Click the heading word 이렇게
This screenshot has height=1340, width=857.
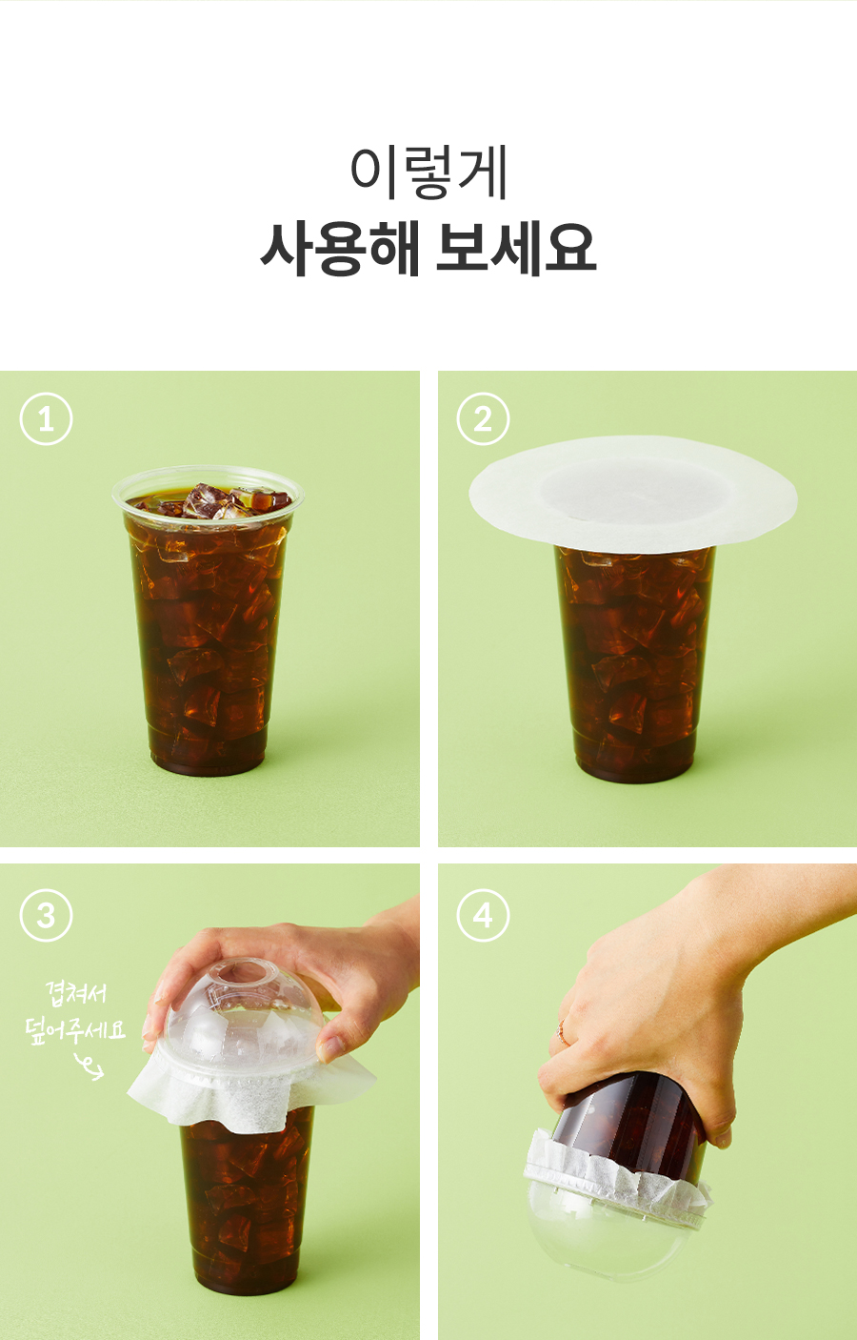pos(428,172)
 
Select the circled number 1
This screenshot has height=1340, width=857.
pos(46,418)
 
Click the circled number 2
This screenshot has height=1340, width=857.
pos(483,418)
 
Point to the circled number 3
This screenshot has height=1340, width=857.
pos(46,916)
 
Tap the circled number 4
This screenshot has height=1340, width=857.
pos(483,916)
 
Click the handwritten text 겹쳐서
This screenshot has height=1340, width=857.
pos(76,993)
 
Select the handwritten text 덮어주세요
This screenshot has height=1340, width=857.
pos(75,1029)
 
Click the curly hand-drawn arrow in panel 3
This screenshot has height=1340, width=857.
pos(90,1066)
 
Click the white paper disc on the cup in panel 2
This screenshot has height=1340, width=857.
pos(633,491)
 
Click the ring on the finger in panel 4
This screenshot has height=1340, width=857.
pos(562,1033)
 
